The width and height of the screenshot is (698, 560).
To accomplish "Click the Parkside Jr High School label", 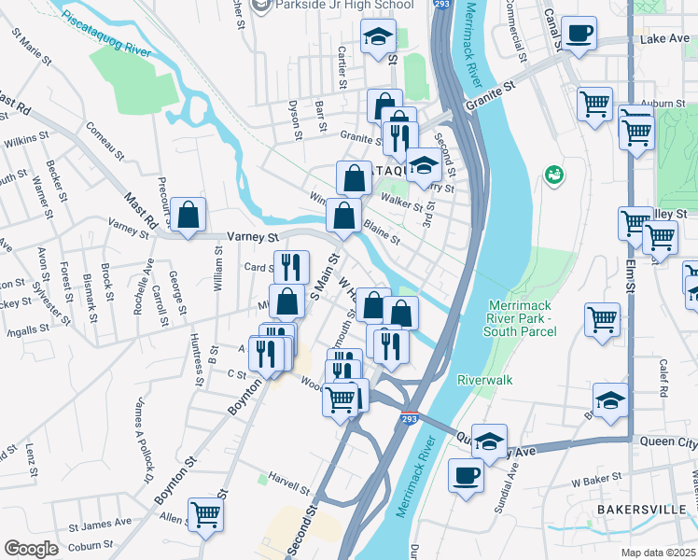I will (x=333, y=6).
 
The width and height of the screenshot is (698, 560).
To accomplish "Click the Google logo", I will (x=31, y=549).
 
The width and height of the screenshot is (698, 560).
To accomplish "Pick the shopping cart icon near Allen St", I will (x=205, y=512).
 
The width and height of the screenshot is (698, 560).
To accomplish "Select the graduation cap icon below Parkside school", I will (x=378, y=37).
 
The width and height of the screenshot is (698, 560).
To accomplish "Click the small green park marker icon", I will (x=554, y=174).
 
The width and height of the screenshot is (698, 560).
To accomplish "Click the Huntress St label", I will (x=197, y=359).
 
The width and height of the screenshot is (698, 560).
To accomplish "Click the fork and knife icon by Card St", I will (x=290, y=267).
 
